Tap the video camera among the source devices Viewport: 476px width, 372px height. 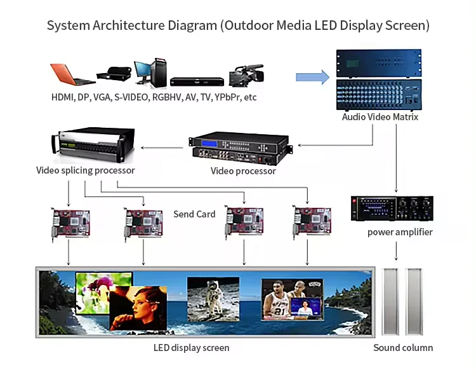(x=246, y=76)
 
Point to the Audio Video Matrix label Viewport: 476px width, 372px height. (x=380, y=117)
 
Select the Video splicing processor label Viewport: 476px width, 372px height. (x=86, y=170)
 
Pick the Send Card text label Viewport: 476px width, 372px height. (x=194, y=214)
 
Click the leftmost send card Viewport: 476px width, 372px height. (x=70, y=223)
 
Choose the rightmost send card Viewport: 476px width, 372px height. (x=310, y=223)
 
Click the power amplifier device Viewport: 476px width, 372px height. (x=392, y=209)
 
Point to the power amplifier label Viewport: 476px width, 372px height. (x=400, y=232)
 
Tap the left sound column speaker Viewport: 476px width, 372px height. (x=390, y=302)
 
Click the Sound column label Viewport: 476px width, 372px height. (x=403, y=348)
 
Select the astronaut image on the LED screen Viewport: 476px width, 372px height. (x=213, y=298)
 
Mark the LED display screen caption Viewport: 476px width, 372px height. (x=191, y=348)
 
